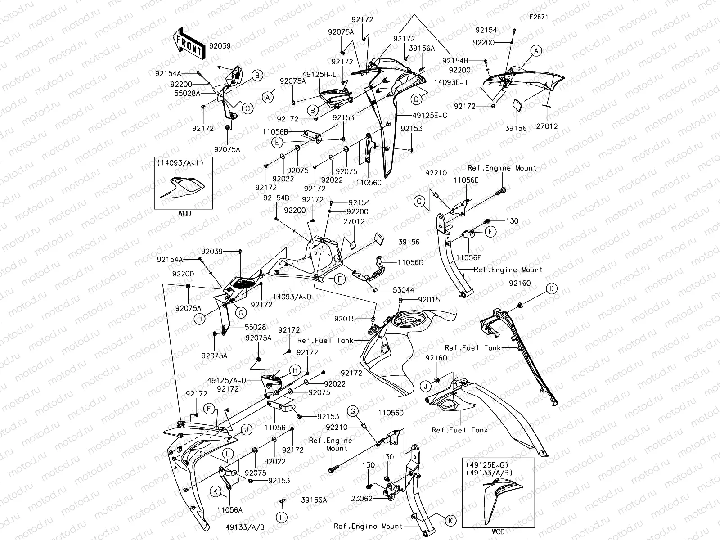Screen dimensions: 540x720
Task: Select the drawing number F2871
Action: coord(539,18)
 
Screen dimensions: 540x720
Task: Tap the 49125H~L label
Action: coord(319,74)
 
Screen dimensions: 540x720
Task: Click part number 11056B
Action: coord(276,132)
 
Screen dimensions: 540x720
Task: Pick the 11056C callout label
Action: coord(369,183)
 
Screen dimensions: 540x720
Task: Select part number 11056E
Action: coord(466,180)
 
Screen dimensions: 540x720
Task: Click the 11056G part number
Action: coord(410,262)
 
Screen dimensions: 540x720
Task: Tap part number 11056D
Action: coord(391,413)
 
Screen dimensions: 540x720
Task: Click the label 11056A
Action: coord(229,510)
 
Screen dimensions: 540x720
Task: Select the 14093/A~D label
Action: coord(292,296)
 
